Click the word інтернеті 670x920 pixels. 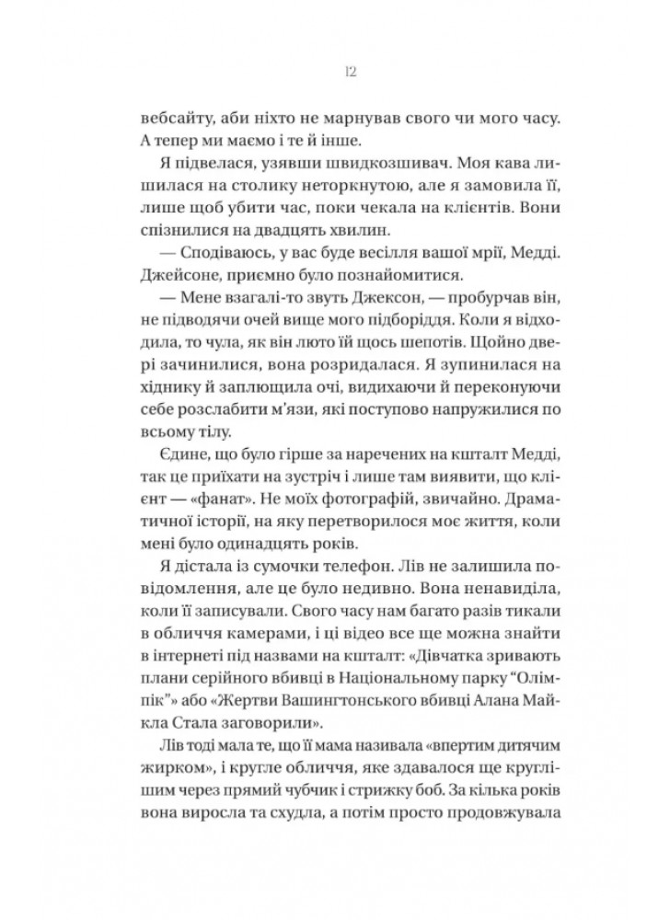coord(191,696)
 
